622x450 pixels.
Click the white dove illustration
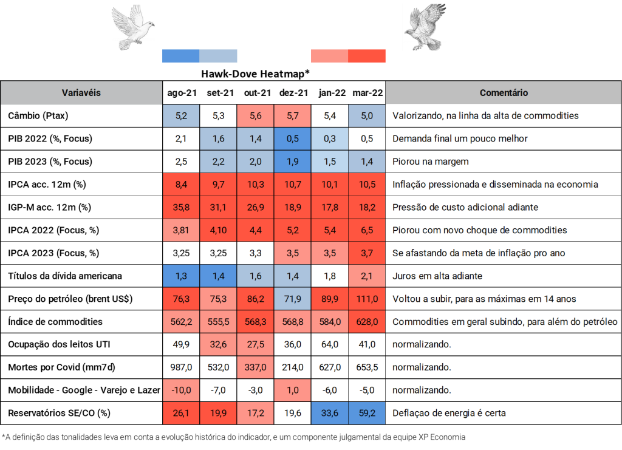point(134,27)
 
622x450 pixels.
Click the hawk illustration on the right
point(425,27)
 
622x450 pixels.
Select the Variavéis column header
point(81,93)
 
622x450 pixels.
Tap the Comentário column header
point(504,93)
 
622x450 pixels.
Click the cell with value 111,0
point(367,299)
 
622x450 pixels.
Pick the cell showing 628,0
point(367,322)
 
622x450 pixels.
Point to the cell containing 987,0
point(181,367)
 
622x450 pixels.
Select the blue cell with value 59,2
point(367,414)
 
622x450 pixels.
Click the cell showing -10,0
point(181,390)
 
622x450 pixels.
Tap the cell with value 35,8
point(181,207)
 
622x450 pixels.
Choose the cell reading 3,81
point(181,230)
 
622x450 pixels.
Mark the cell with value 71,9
point(292,299)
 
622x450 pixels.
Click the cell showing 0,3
point(330,138)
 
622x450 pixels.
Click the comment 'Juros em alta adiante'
point(437,276)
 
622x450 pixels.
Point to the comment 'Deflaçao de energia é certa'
point(449,414)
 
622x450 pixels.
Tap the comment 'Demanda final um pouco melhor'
point(460,138)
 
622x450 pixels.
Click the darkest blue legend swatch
point(180,56)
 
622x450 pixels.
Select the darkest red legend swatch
point(367,56)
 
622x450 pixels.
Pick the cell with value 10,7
point(292,184)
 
